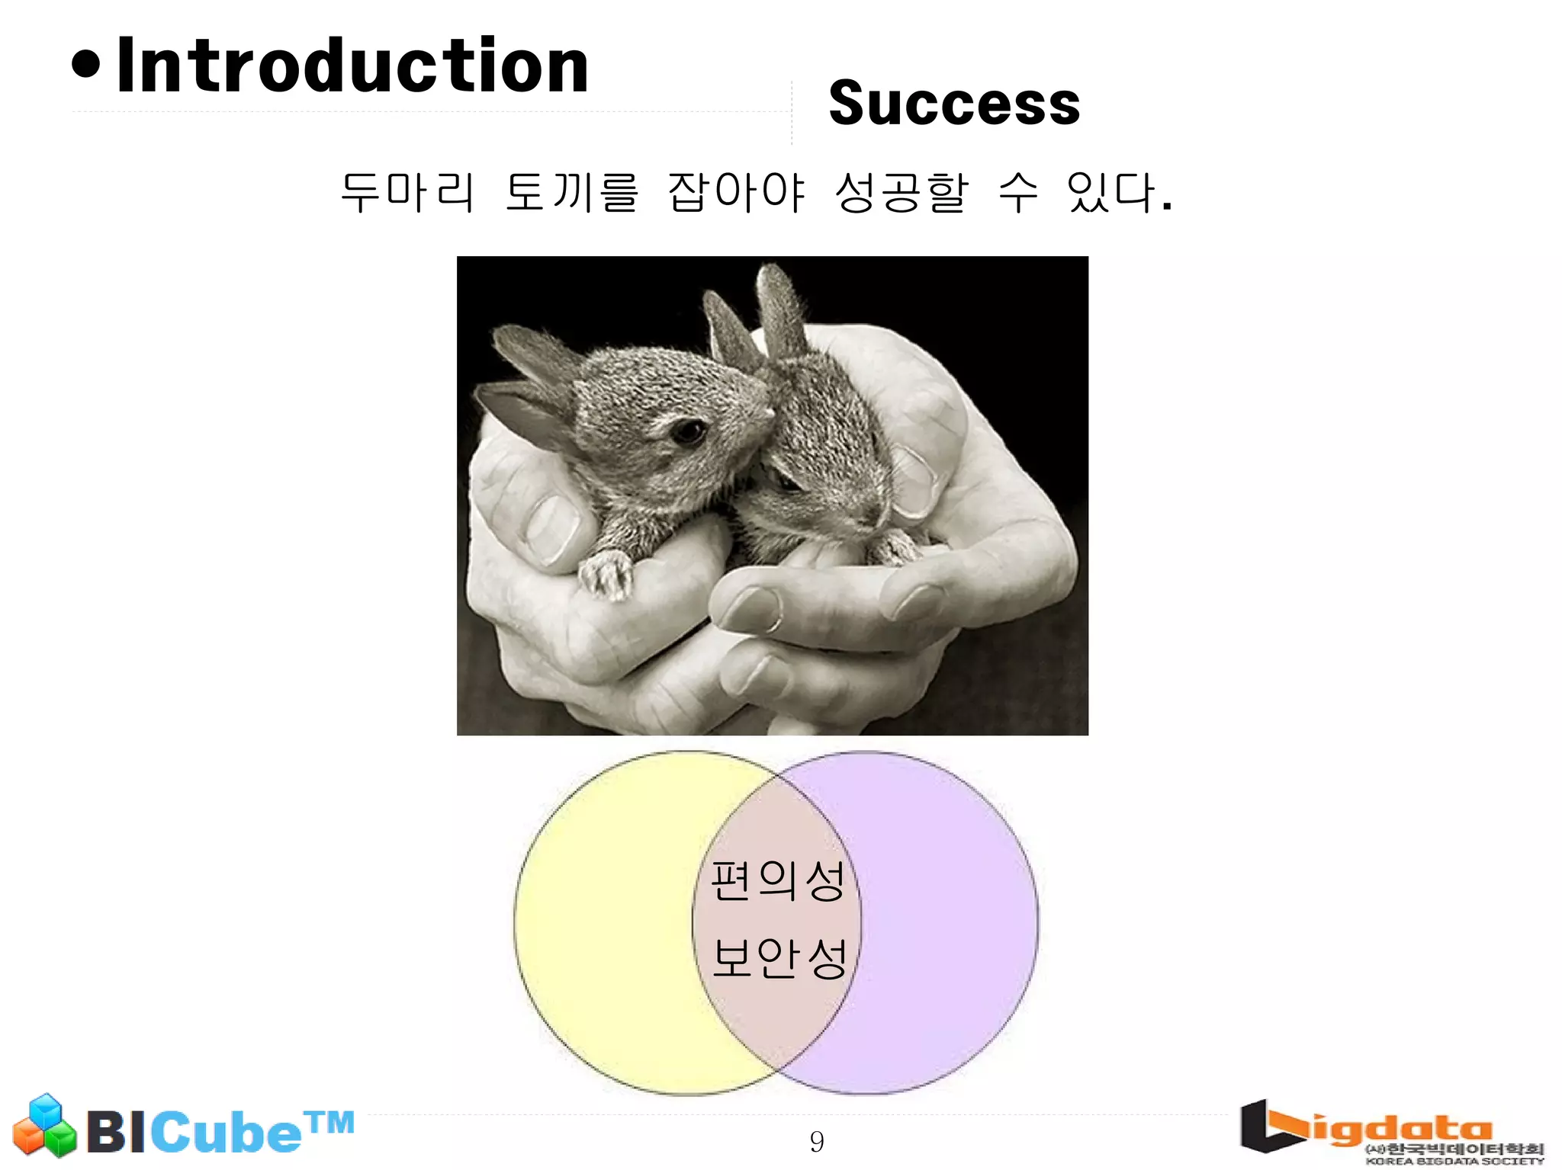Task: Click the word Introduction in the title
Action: (352, 67)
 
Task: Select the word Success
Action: (954, 104)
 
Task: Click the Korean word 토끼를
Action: (571, 191)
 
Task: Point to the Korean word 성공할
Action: (902, 191)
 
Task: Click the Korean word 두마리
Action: (408, 191)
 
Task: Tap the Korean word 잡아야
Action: (736, 191)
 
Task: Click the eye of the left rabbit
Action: (688, 431)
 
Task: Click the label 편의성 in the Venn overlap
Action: (777, 881)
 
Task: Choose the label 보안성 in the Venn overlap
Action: (779, 958)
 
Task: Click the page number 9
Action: (816, 1141)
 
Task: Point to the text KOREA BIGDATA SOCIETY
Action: (1454, 1161)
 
